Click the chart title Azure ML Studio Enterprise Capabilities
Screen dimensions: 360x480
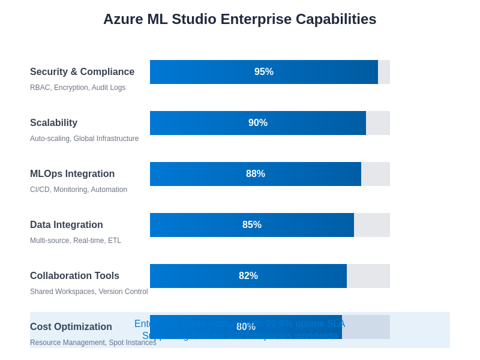coord(240,19)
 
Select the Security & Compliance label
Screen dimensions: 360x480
coord(82,72)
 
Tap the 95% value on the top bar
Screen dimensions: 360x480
coord(264,72)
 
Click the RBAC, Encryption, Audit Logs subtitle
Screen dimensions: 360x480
coord(78,88)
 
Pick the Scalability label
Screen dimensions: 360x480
coord(54,123)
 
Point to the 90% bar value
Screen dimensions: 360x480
coord(258,123)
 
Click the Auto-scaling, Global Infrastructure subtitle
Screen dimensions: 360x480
coord(85,139)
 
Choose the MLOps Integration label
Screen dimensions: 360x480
coord(73,174)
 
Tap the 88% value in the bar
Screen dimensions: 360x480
coord(256,174)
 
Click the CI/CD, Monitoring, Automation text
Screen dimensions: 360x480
coord(79,190)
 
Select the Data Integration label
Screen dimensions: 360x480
coord(67,225)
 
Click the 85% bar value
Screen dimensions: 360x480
coord(252,225)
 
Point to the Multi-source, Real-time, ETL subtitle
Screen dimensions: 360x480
coord(76,241)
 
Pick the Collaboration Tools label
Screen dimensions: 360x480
coord(75,276)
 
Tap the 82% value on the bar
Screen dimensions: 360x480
coord(248,276)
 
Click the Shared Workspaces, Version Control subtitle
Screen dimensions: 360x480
coord(89,292)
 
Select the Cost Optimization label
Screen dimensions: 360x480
coord(71,327)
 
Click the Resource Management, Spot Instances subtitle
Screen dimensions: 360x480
coord(93,343)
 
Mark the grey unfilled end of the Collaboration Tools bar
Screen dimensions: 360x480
coord(368,276)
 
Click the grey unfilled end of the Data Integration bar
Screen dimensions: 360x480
coord(372,225)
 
